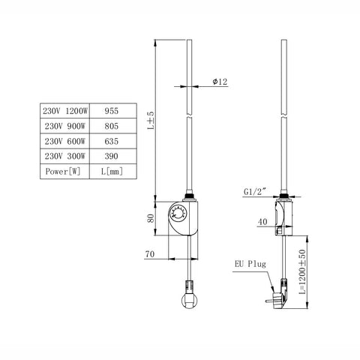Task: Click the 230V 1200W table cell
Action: tap(64, 111)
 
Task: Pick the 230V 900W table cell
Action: tap(64, 126)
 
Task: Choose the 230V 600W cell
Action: tap(64, 141)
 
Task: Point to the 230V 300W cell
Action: tap(64, 156)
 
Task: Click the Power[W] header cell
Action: tap(64, 172)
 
